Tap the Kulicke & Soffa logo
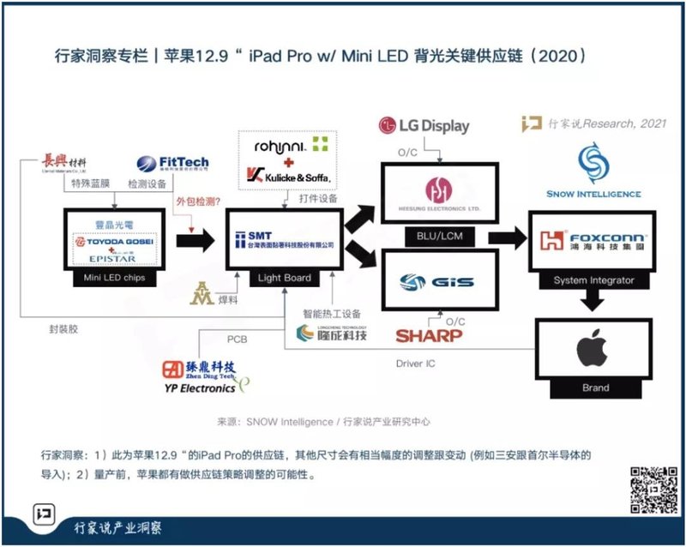click(288, 175)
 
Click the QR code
click(654, 489)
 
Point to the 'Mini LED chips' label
click(109, 279)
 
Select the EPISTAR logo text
click(109, 257)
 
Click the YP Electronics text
click(199, 388)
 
